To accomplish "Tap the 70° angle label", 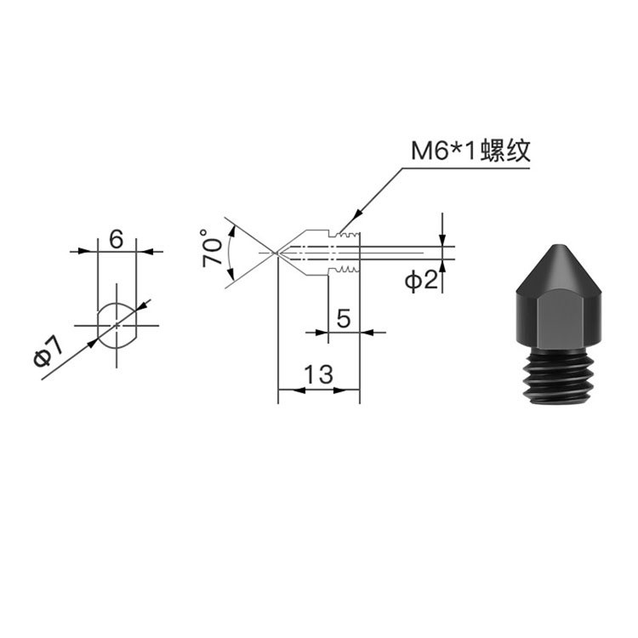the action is pyautogui.click(x=212, y=248).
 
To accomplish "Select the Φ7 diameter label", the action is pyautogui.click(x=48, y=352).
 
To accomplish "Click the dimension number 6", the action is pyautogui.click(x=117, y=239).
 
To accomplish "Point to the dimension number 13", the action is pyautogui.click(x=319, y=374).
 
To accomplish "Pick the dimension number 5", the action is pyautogui.click(x=344, y=318).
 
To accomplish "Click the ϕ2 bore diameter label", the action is pyautogui.click(x=421, y=281).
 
